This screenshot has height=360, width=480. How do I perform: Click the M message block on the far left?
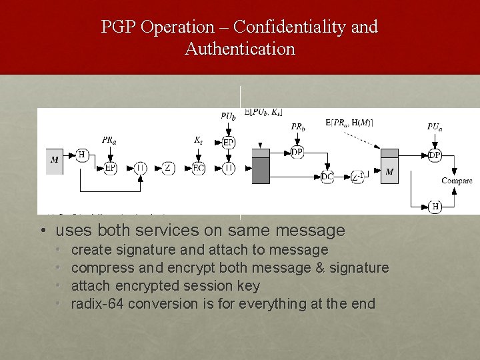point(55,160)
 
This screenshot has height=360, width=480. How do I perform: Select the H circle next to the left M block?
point(83,154)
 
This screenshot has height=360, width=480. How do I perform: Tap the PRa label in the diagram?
point(110,140)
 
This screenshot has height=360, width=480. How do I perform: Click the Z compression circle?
point(168,167)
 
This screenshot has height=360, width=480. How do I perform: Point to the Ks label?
point(198,140)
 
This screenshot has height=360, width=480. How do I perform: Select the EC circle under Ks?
point(199,167)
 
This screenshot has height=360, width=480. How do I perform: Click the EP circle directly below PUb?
point(228,143)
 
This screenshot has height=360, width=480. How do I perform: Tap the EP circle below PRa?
point(110,167)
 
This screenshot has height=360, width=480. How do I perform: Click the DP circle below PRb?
point(297,153)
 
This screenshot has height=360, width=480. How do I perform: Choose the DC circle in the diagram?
point(327,176)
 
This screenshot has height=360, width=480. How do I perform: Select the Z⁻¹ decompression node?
point(359,176)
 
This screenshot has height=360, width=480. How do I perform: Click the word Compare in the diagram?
point(457,181)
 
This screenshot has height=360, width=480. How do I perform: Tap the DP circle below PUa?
point(435,155)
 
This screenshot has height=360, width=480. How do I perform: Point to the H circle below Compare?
point(435,207)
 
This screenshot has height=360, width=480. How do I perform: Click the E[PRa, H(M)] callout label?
point(349,122)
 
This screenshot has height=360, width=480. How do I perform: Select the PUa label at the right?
point(435,127)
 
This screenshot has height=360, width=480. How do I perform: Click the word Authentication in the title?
point(240,49)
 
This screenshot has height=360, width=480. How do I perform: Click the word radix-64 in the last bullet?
point(97,304)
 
